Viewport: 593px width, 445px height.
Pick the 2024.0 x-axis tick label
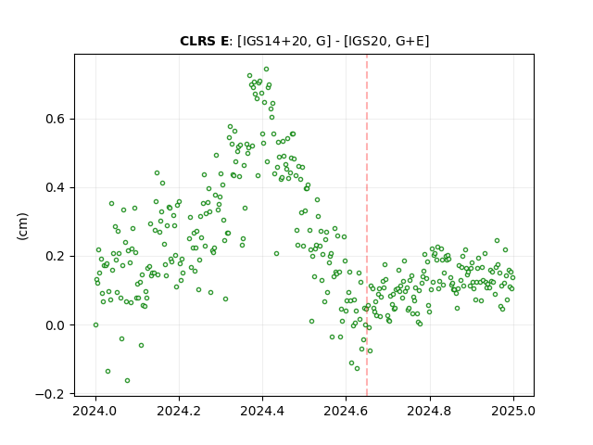(x=95, y=411)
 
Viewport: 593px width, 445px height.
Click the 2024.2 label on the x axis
(x=179, y=411)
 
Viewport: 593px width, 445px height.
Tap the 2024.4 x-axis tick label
(x=262, y=411)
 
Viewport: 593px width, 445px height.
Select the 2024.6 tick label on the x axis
(x=346, y=411)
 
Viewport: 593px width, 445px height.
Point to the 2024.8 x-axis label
(x=430, y=411)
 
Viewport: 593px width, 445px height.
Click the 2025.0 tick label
(x=513, y=411)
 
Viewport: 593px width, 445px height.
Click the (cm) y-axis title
(x=22, y=226)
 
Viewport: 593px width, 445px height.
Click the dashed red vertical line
(x=367, y=225)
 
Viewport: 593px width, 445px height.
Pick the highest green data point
(x=266, y=70)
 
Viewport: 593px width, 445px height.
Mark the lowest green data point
(x=128, y=381)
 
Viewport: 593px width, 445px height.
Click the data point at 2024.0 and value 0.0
(x=95, y=325)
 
